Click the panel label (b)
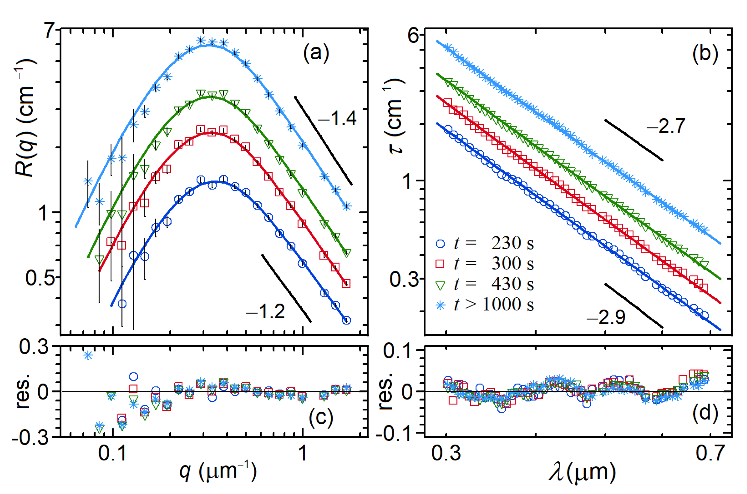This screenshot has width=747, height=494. [705, 53]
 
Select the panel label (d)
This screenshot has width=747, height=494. [705, 413]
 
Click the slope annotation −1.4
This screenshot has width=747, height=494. [337, 119]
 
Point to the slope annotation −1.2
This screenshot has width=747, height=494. [265, 312]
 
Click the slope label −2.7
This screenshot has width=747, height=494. [665, 126]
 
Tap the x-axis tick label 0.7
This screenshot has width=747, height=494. [710, 453]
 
